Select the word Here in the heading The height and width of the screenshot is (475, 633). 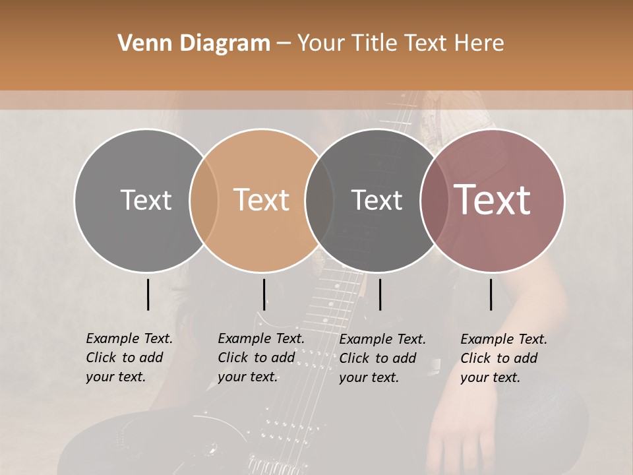click(x=482, y=44)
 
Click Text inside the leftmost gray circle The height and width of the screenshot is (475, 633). click(x=146, y=200)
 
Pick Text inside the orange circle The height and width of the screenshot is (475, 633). click(x=262, y=200)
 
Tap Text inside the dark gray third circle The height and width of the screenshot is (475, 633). click(x=377, y=200)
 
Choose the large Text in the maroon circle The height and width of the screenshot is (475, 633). click(x=493, y=200)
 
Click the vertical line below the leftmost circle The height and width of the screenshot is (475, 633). click(x=148, y=294)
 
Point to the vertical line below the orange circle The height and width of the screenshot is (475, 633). click(x=264, y=294)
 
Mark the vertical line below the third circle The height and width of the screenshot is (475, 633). click(x=380, y=294)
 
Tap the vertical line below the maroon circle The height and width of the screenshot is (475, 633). click(x=491, y=294)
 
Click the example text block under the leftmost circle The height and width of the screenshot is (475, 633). click(x=129, y=358)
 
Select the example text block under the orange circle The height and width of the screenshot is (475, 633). click(x=261, y=358)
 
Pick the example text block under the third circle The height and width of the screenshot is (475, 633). click(x=382, y=358)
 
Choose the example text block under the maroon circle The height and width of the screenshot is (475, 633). click(x=504, y=358)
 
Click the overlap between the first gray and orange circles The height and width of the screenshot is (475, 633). click(x=204, y=200)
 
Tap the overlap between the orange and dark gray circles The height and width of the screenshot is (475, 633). click(x=318, y=200)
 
